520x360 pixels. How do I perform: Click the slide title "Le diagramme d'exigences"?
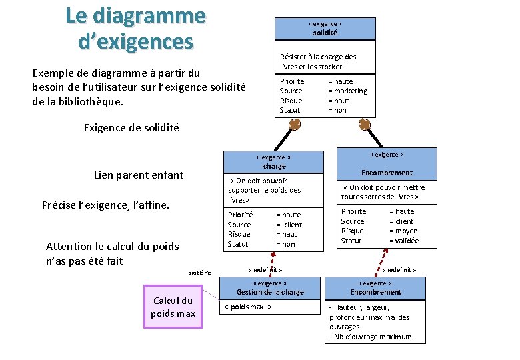pos(135,28)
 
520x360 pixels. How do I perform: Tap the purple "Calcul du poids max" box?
pos(173,307)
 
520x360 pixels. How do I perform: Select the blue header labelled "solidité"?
pos(325,29)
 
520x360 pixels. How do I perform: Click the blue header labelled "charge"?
pos(274,162)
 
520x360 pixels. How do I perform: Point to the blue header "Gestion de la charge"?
pos(270,288)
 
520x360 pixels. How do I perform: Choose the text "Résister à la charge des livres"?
pos(318,61)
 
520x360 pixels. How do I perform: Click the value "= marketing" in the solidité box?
pos(347,91)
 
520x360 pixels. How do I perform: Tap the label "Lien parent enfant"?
pos(139,175)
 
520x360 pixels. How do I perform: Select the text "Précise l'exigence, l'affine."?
pos(105,205)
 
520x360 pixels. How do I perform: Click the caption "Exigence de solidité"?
pos(131,127)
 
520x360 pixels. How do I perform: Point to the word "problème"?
pos(199,273)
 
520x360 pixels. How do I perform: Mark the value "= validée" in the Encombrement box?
pos(404,241)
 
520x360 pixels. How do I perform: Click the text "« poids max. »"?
pos(248,307)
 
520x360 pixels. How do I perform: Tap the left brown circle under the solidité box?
pos(295,124)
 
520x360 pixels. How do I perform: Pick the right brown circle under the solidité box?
pos(365,124)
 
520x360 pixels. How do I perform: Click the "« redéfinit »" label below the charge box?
pos(265,270)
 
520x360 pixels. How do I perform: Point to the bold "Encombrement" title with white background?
pos(387,173)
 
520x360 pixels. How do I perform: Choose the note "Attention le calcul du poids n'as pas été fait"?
pos(112,253)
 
